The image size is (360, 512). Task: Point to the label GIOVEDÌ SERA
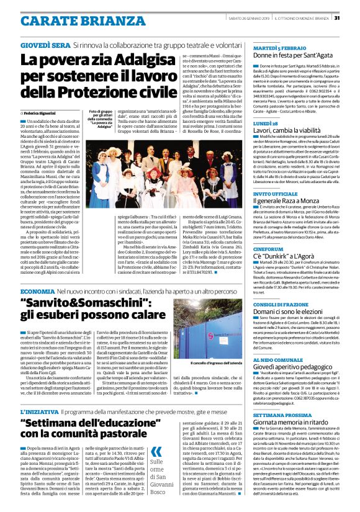(45, 46)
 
